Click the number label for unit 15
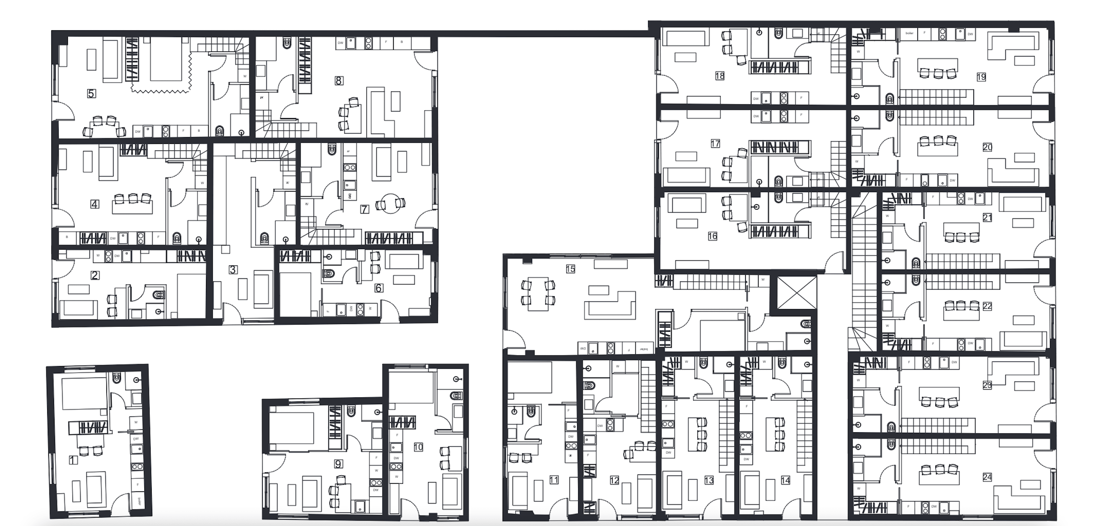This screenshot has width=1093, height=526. pyautogui.click(x=570, y=269)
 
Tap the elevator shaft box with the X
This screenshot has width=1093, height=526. pyautogui.click(x=793, y=293)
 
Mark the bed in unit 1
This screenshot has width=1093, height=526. pyautogui.click(x=84, y=394)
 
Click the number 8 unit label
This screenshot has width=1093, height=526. pyautogui.click(x=339, y=80)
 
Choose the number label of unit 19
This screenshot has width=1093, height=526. pyautogui.click(x=981, y=77)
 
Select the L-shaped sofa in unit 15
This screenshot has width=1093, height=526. pyautogui.click(x=610, y=305)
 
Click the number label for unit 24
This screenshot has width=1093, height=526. pyautogui.click(x=987, y=477)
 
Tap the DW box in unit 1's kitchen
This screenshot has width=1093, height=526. pyautogui.click(x=136, y=439)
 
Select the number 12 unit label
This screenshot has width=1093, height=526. pyautogui.click(x=614, y=480)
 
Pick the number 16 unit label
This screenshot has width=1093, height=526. pyautogui.click(x=712, y=236)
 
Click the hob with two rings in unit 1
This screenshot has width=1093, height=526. pyautogui.click(x=137, y=467)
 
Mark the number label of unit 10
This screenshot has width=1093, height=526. pyautogui.click(x=418, y=447)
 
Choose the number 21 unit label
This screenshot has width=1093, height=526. pyautogui.click(x=987, y=217)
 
